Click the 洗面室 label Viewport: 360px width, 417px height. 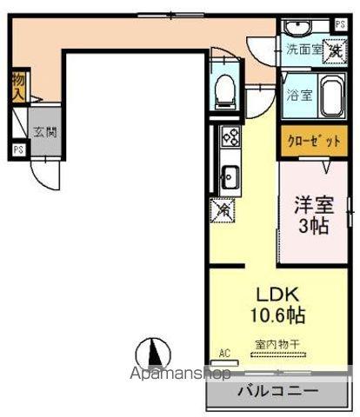click(x=305, y=50)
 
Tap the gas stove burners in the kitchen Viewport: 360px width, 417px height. click(x=230, y=136)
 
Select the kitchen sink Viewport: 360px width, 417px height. click(x=230, y=179)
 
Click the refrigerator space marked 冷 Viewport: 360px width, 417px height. click(x=223, y=208)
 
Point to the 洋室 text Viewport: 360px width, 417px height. click(x=313, y=207)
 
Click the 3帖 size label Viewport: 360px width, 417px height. click(x=313, y=228)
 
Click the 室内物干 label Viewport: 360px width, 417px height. click(x=277, y=345)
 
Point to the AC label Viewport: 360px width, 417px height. click(x=224, y=353)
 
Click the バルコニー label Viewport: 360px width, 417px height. click(x=277, y=390)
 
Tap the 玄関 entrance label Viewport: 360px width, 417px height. click(x=44, y=133)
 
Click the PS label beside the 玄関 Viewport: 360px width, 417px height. click(x=18, y=149)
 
